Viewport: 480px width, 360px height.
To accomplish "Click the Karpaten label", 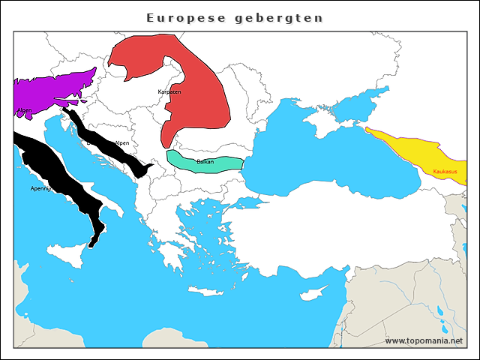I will [169, 91].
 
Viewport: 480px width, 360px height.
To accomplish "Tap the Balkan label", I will [205, 161].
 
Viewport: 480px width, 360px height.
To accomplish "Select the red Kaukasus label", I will [445, 172].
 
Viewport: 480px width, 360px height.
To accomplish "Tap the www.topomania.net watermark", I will [424, 340].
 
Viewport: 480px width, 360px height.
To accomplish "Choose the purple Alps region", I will [52, 90].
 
